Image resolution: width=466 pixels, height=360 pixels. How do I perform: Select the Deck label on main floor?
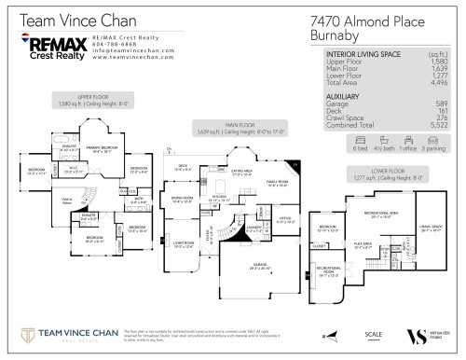point(182,168)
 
